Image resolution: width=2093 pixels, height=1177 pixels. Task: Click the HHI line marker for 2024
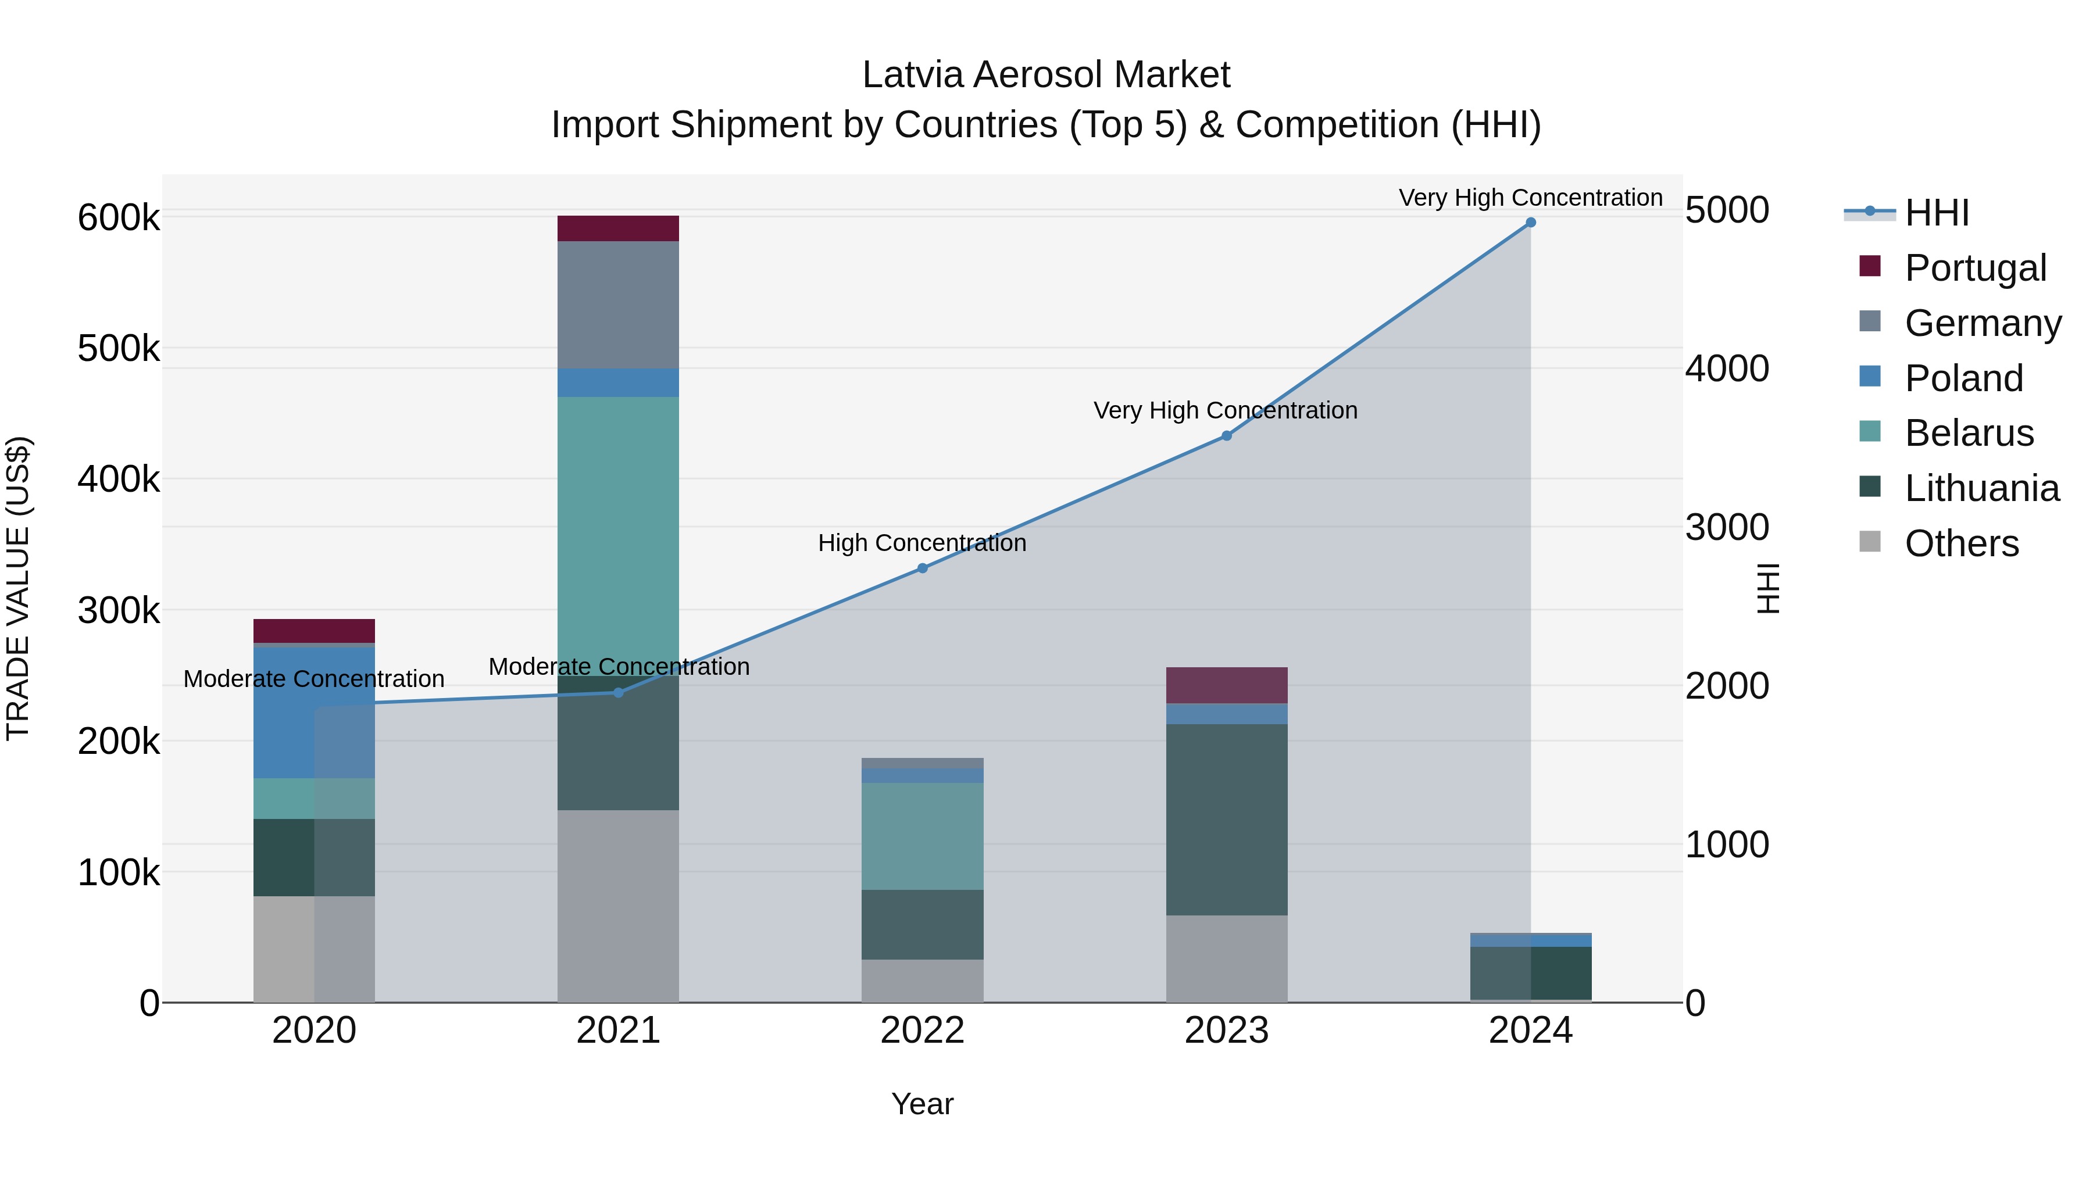1530,223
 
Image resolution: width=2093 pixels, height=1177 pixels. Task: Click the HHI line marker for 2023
1226,436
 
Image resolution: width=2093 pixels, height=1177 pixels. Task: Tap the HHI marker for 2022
922,568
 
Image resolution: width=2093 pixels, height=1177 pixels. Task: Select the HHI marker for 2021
619,693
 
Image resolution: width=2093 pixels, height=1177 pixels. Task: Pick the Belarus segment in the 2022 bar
922,836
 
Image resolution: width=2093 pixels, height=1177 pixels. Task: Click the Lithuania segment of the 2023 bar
1226,820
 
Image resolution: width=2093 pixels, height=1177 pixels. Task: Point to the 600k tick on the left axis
119,218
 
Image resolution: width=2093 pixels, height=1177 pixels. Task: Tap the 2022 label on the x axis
922,1031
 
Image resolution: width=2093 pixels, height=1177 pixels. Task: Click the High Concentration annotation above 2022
922,543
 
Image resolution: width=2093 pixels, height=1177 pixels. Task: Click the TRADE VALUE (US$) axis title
18,588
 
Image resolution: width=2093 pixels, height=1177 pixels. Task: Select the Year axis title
922,1104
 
